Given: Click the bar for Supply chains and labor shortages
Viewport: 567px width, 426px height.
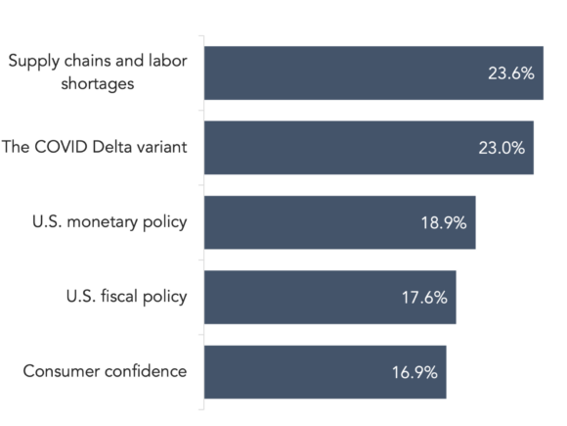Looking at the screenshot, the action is [x=373, y=72].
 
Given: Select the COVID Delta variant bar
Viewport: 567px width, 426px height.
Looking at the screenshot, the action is [x=369, y=148].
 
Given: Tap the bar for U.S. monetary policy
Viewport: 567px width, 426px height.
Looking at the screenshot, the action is [x=340, y=222].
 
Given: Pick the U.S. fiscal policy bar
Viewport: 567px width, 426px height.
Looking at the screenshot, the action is [x=330, y=297].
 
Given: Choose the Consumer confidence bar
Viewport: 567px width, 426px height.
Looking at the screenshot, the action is [x=326, y=372].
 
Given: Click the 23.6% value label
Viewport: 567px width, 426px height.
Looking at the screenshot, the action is [x=511, y=73].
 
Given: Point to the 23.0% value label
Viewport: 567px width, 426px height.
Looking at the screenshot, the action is [x=502, y=148].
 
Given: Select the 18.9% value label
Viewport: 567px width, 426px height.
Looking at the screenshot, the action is [x=444, y=222].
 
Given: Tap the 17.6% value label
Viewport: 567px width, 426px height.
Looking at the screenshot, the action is [x=424, y=298].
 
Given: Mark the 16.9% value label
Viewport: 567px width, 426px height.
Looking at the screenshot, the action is [x=414, y=372].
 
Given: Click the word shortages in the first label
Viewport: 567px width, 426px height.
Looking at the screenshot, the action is [x=98, y=84].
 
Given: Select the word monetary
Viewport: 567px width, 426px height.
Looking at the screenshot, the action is [x=102, y=222].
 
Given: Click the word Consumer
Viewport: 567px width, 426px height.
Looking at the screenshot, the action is [x=61, y=371].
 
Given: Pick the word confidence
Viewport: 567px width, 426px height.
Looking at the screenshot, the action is [x=145, y=371].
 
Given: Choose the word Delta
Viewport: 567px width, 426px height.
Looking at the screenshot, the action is [x=109, y=147].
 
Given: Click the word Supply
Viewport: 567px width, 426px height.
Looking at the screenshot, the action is [x=33, y=62].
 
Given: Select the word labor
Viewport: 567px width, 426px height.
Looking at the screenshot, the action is [x=168, y=61].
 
